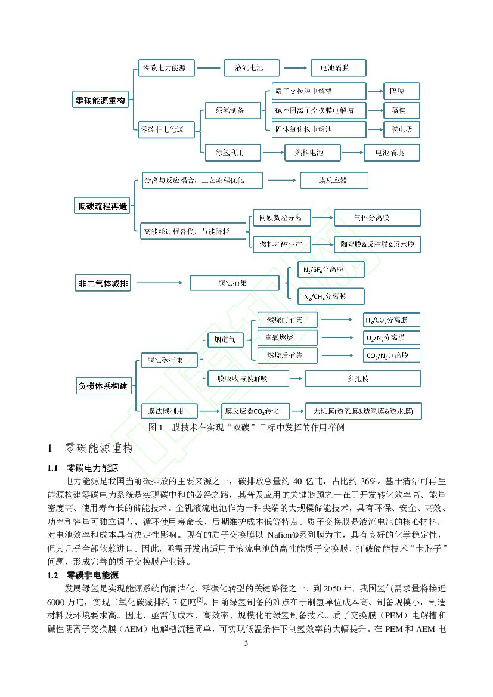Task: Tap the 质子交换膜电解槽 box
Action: click(319, 91)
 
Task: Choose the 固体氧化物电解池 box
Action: click(319, 128)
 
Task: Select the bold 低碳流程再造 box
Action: click(103, 206)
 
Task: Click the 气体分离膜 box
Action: click(377, 218)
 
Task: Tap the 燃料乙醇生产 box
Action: click(281, 244)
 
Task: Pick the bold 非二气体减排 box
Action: click(103, 283)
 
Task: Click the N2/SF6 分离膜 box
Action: click(331, 269)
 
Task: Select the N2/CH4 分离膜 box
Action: click(331, 296)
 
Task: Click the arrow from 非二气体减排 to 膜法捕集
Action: click(162, 283)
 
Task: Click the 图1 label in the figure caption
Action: click(156, 428)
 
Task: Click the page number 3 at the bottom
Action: click(246, 645)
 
